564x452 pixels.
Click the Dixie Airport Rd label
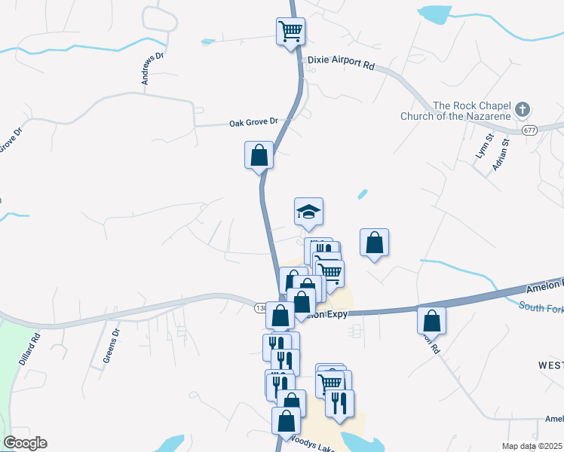341,66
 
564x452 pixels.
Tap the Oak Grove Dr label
253,121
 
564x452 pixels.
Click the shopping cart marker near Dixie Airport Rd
290,32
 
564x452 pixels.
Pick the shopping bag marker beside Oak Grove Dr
259,155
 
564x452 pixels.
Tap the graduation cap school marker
308,212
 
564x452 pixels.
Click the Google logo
25,443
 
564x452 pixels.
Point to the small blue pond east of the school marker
363,194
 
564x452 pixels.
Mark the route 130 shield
261,307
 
